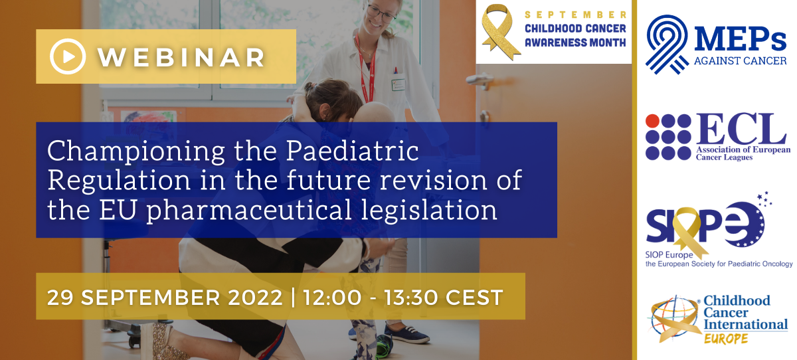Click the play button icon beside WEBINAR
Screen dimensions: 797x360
[x=68, y=56]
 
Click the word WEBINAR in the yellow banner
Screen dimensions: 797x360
[x=181, y=57]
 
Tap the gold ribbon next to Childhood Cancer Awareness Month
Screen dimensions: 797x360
[x=500, y=32]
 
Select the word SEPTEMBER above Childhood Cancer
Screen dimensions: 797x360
[x=575, y=15]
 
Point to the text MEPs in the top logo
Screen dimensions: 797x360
[x=740, y=39]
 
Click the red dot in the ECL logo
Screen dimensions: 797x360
[x=652, y=121]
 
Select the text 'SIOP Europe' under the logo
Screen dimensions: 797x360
[x=669, y=254]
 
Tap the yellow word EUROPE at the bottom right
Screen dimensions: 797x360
[x=726, y=338]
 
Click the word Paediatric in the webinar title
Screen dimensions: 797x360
[x=352, y=151]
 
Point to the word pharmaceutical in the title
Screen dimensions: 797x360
[x=248, y=211]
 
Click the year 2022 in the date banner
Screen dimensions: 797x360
[x=255, y=298]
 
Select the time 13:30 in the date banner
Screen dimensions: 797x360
[x=410, y=298]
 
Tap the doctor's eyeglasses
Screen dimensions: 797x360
[x=381, y=13]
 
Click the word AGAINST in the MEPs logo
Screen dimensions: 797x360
[x=716, y=61]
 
